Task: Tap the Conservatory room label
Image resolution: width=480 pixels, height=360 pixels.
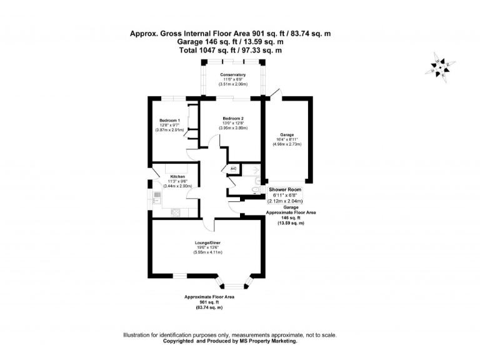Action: (232, 75)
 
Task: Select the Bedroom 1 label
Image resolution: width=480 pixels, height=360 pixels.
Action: (169, 120)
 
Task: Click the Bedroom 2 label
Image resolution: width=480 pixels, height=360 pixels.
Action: (232, 119)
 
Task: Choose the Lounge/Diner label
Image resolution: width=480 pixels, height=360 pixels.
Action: (207, 242)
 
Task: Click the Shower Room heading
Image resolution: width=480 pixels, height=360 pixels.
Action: (285, 189)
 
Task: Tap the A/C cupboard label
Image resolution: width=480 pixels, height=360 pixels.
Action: (233, 169)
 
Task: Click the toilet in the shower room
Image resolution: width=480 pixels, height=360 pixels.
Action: (256, 189)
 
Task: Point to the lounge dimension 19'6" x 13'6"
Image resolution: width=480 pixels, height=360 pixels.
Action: (207, 247)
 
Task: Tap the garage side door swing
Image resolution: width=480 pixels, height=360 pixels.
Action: (276, 94)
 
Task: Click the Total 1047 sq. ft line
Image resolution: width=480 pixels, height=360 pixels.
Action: (231, 50)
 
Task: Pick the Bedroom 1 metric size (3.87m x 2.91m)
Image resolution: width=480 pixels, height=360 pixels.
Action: (169, 129)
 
